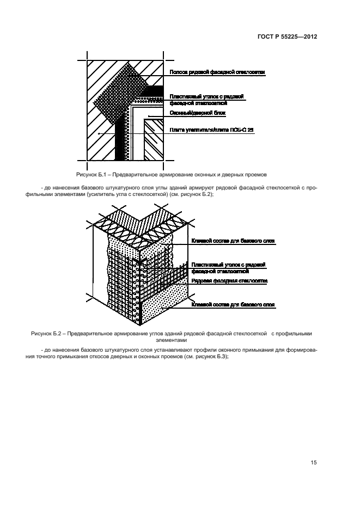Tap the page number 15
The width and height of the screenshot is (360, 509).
314,463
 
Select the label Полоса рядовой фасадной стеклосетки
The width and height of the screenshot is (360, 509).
217,72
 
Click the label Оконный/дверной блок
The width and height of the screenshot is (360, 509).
197,113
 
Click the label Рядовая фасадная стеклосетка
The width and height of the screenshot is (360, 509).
229,281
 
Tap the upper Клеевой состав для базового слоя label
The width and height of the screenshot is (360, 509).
233,241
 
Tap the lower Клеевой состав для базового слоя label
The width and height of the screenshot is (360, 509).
233,304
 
